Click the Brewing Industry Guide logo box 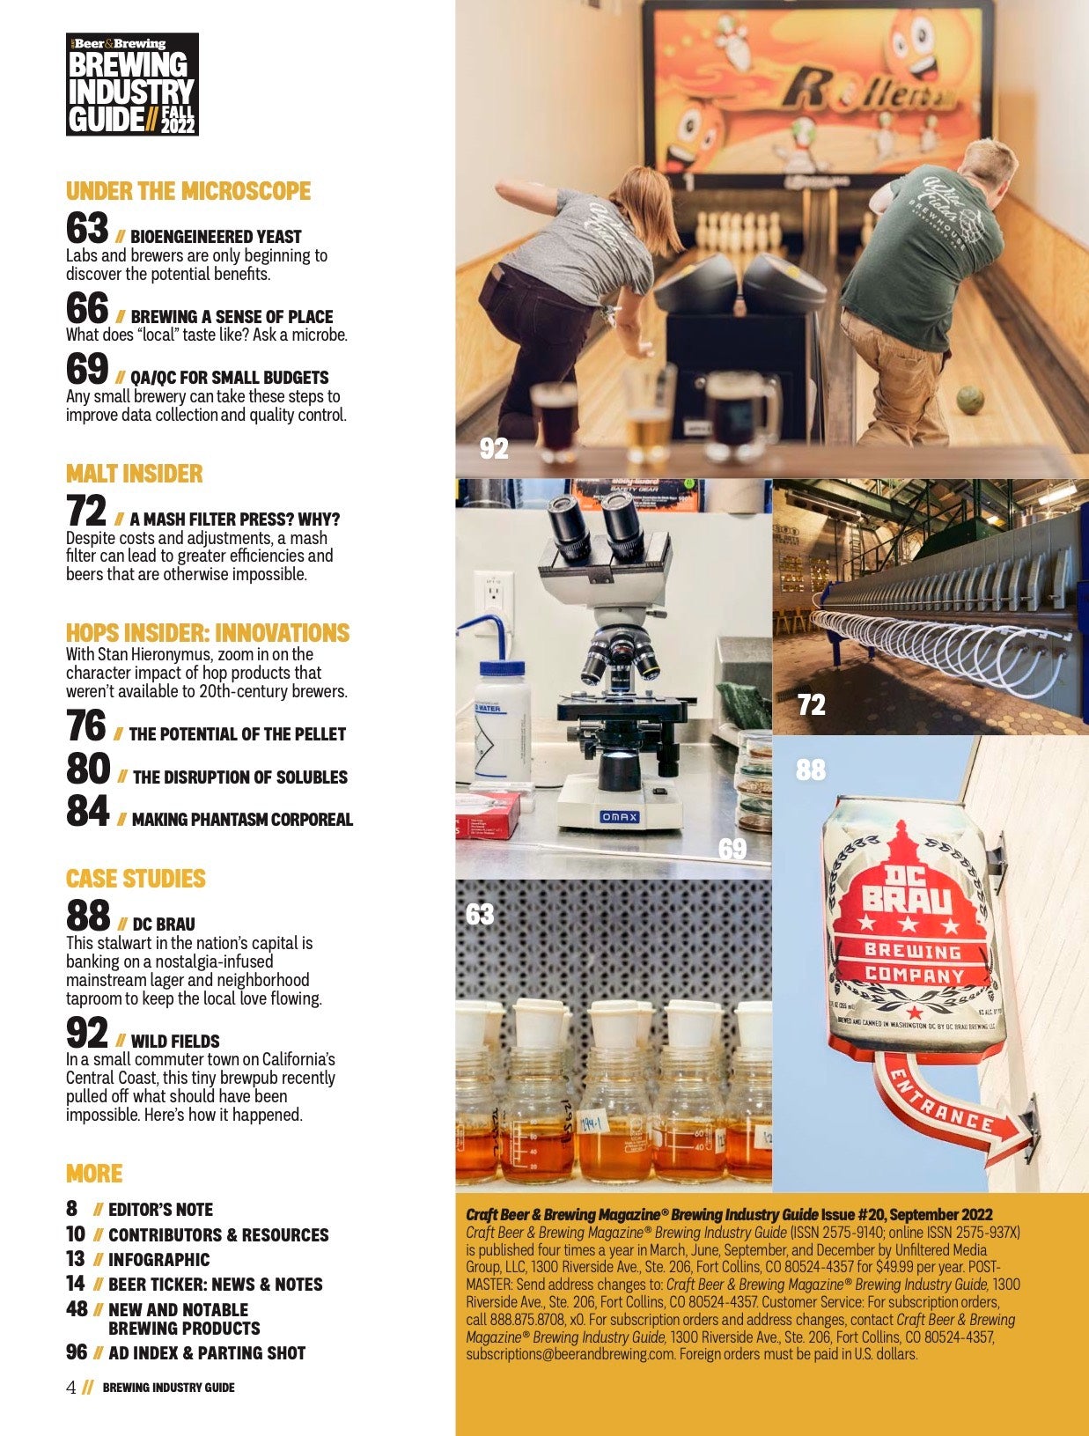132,85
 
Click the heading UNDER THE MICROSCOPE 188,191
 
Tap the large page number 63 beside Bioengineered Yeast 87,228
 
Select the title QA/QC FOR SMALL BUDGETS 229,378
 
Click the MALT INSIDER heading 134,474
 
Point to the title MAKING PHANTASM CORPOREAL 242,820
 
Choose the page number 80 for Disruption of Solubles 88,770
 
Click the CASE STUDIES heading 136,879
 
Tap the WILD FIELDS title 175,1041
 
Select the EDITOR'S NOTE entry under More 160,1210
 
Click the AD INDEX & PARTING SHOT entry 207,1353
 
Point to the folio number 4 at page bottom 71,1388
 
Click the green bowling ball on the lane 969,396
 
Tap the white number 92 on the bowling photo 494,449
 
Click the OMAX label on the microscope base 619,817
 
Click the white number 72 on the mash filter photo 811,704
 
